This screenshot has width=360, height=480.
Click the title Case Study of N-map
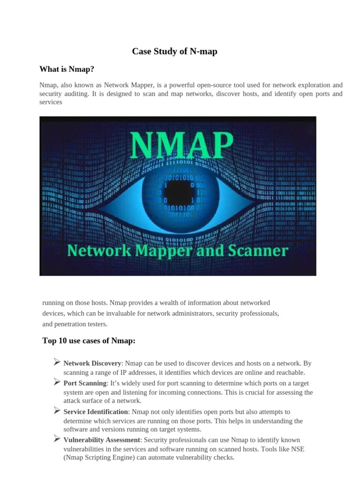174,52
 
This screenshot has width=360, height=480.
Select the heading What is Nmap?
67,69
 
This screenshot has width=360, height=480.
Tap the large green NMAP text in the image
181,145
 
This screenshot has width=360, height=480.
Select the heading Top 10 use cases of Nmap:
89,341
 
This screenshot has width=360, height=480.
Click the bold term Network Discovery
92,363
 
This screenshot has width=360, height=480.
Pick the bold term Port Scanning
85,383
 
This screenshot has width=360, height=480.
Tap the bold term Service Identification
96,412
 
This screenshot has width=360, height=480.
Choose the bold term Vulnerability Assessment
102,440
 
